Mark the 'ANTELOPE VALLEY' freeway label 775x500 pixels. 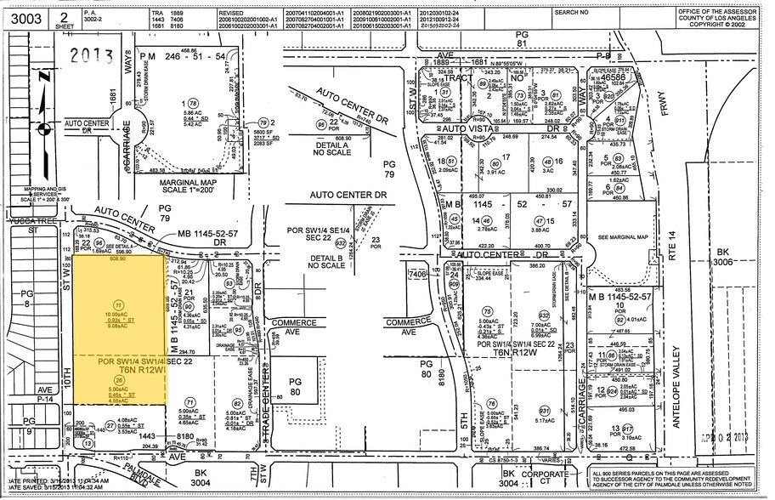680,383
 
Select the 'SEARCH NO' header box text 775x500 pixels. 572,13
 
